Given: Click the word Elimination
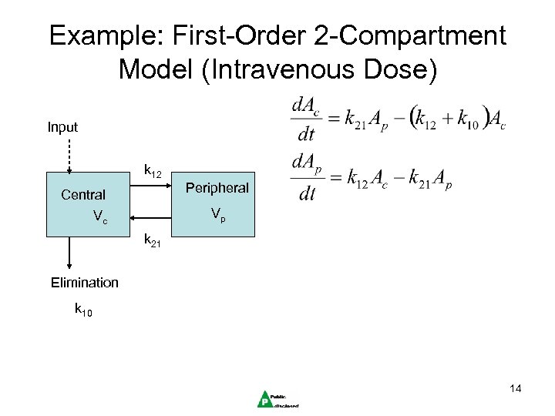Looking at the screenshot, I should tap(85, 282).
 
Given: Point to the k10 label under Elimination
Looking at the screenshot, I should tap(83, 311).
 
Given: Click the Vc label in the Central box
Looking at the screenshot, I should tap(100, 218).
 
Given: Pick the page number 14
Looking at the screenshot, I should tap(515, 389).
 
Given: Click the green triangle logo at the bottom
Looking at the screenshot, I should tap(264, 398).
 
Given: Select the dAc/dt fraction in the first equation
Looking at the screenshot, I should tap(305, 119).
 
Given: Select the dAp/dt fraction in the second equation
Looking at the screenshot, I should tap(307, 179).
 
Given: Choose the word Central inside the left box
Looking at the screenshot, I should tap(83, 195).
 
